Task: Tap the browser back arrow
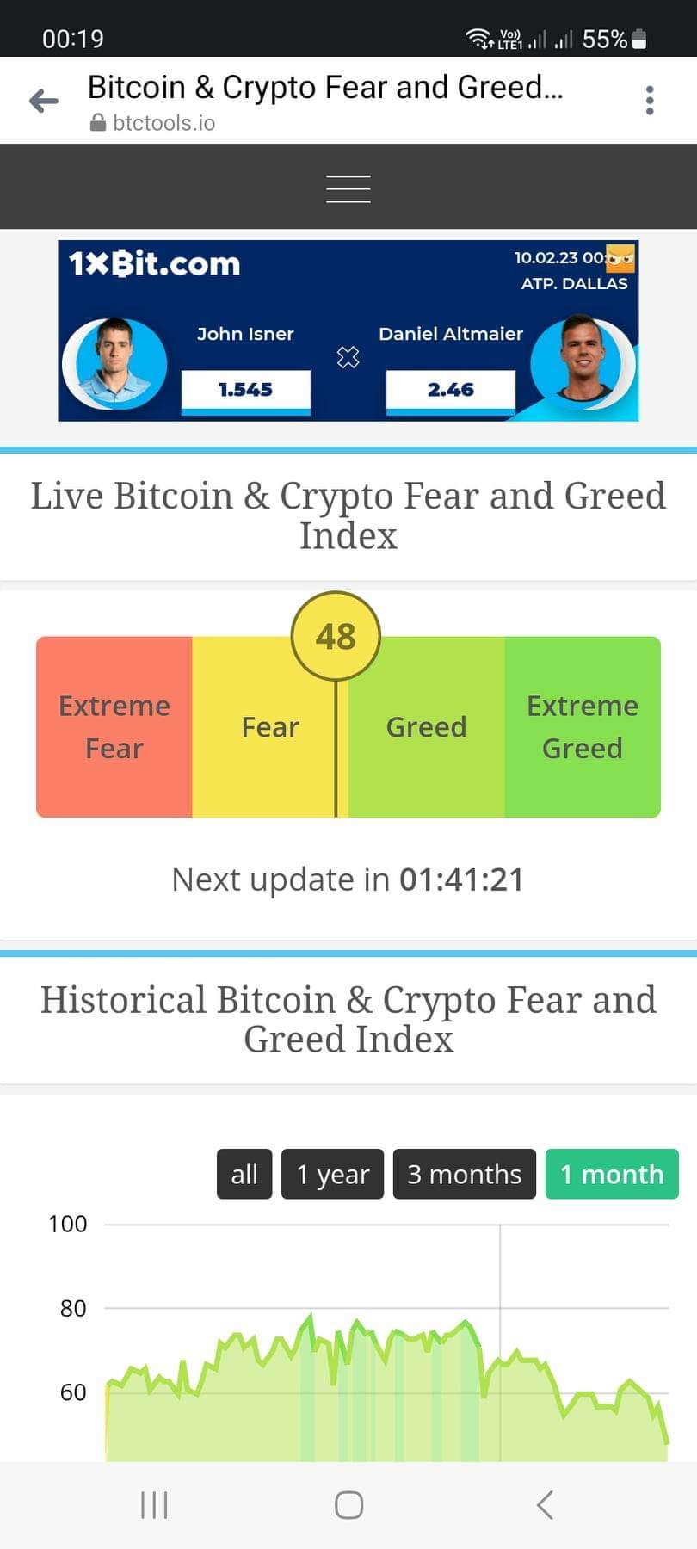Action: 44,101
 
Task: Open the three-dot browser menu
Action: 650,101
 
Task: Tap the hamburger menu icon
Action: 348,188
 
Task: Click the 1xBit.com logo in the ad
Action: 155,263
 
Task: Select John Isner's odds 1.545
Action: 245,390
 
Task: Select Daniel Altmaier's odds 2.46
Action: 451,390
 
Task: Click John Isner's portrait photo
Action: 115,362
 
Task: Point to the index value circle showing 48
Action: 336,637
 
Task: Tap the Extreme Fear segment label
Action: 114,727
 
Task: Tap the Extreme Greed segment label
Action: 583,727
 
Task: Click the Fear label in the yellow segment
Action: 270,727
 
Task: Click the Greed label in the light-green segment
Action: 426,727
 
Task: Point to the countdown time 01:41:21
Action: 461,879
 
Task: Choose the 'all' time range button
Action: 244,1174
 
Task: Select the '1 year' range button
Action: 332,1174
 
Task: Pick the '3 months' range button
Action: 465,1174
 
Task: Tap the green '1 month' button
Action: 612,1174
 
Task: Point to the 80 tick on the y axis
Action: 73,1309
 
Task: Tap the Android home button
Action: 348,1505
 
